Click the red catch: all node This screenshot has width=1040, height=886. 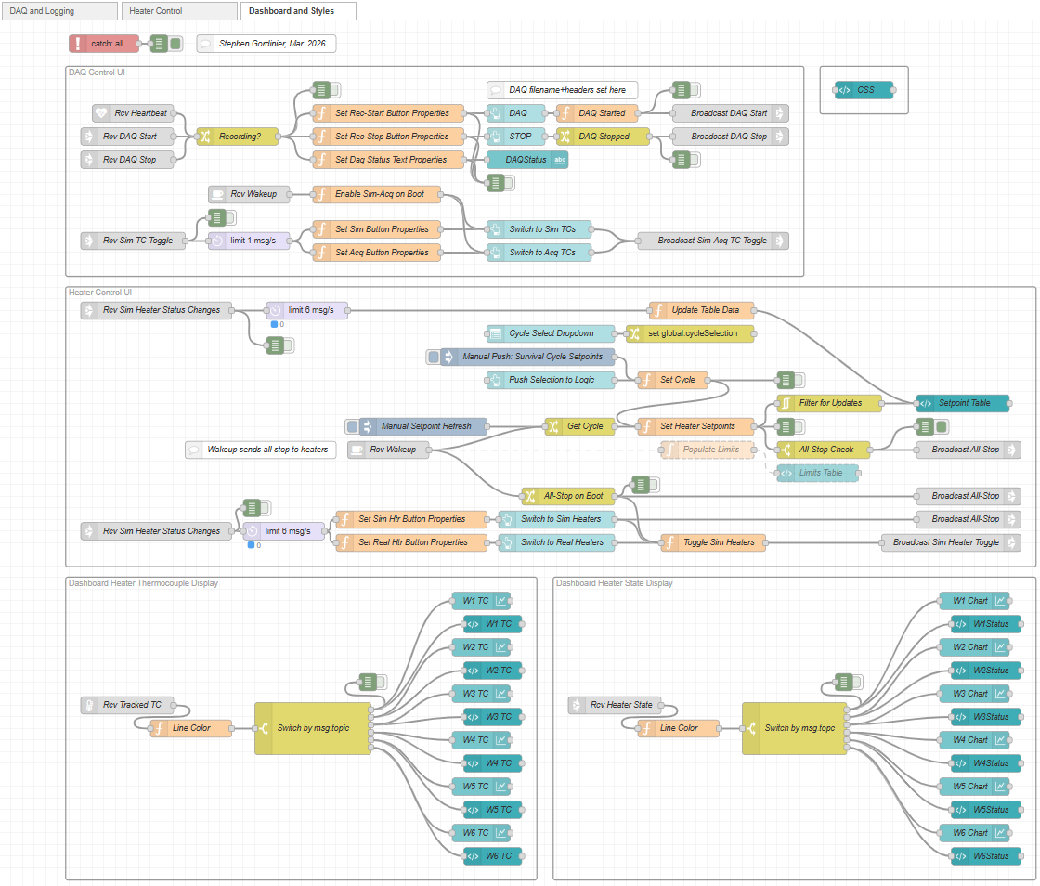coord(104,44)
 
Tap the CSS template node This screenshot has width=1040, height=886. coord(864,90)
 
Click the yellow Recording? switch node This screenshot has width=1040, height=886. coord(238,137)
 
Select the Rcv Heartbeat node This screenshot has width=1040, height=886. coord(134,113)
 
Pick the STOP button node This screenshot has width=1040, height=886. coord(516,137)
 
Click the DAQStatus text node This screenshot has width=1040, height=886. coord(527,160)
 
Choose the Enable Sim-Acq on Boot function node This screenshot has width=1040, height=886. coord(377,194)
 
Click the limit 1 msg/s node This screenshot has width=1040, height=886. coord(250,241)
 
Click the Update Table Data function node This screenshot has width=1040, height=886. coord(702,310)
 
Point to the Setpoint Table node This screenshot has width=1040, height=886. coord(962,403)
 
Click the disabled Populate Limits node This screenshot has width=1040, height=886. coord(708,450)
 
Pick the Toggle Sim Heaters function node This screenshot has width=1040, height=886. coord(713,542)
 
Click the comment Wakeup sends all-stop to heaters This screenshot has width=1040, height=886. coord(261,450)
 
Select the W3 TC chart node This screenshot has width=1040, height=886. coord(482,694)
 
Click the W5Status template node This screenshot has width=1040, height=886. coord(985,810)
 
